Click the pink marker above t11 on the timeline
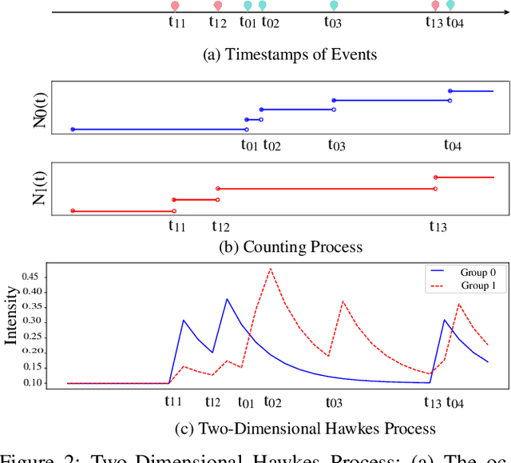click(x=175, y=6)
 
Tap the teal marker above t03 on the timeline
click(x=334, y=6)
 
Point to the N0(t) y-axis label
click(x=40, y=110)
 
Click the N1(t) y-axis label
click(x=40, y=188)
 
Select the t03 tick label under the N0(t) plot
click(x=336, y=146)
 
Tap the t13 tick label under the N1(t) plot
click(x=438, y=226)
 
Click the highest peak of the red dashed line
click(x=271, y=268)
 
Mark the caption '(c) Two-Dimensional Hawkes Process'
click(x=305, y=429)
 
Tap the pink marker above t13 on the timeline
click(x=435, y=6)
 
